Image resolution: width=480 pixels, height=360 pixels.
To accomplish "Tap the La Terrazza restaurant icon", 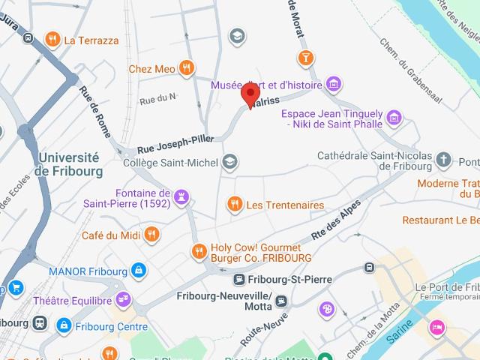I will pyautogui.click(x=52, y=40).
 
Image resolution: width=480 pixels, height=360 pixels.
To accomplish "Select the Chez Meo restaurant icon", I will pyautogui.click(x=187, y=69).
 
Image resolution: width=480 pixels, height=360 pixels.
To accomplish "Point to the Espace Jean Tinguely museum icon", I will pyautogui.click(x=394, y=117).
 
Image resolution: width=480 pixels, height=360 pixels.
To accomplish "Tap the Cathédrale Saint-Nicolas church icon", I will pyautogui.click(x=444, y=160).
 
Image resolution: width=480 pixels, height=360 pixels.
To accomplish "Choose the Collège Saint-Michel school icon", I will pyautogui.click(x=230, y=162).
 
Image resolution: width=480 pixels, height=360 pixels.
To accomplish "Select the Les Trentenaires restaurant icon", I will pyautogui.click(x=234, y=204).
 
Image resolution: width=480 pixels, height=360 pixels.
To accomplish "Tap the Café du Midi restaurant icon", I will pyautogui.click(x=153, y=235).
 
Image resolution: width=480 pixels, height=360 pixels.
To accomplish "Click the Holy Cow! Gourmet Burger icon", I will pyautogui.click(x=199, y=251).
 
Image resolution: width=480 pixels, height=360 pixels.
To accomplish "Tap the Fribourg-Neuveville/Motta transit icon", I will pyautogui.click(x=280, y=301).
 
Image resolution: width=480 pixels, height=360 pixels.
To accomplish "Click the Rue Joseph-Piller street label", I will pyautogui.click(x=175, y=143).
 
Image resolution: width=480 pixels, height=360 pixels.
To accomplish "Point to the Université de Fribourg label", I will pyautogui.click(x=67, y=163).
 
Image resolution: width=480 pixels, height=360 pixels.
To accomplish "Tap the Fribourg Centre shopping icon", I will pyautogui.click(x=64, y=326).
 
